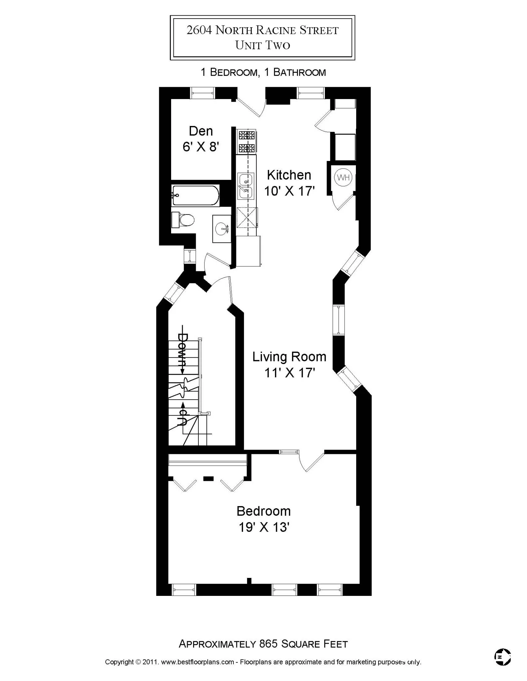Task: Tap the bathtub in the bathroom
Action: pyautogui.click(x=195, y=196)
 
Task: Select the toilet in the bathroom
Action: pyautogui.click(x=184, y=220)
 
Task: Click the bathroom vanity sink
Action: pyautogui.click(x=222, y=229)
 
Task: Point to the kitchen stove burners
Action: pyautogui.click(x=247, y=141)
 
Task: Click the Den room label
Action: pyautogui.click(x=201, y=131)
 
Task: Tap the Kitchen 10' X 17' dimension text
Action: pyautogui.click(x=289, y=191)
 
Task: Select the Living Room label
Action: pyautogui.click(x=289, y=356)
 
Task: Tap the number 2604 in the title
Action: pyautogui.click(x=199, y=30)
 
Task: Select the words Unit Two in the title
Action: pyautogui.click(x=263, y=45)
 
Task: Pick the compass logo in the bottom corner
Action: pyautogui.click(x=502, y=657)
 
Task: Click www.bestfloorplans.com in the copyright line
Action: pyautogui.click(x=197, y=662)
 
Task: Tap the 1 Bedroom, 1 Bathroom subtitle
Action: pyautogui.click(x=263, y=72)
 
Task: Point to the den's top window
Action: pyautogui.click(x=202, y=93)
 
